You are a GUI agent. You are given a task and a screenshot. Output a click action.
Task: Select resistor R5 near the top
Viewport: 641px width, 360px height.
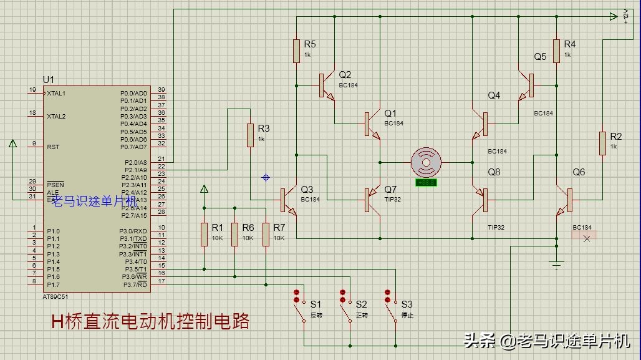tap(297, 51)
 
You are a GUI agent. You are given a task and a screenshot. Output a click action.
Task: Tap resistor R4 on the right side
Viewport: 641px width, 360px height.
tap(557, 51)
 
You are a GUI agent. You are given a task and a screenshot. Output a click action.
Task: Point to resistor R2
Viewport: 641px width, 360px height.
tap(602, 143)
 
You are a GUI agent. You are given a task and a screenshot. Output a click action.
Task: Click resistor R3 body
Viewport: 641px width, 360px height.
tap(250, 135)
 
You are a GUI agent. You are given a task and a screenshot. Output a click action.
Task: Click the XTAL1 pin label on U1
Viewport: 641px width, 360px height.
tap(56, 93)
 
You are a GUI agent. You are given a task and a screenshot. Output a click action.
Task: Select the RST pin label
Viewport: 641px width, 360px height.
tap(53, 147)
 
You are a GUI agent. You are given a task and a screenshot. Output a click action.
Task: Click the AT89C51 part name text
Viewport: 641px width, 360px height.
tap(57, 296)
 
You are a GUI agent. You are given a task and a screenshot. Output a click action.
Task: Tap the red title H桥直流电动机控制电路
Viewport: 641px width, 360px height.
tap(150, 322)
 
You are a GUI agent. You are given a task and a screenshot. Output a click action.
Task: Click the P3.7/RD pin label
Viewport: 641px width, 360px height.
tap(135, 284)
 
